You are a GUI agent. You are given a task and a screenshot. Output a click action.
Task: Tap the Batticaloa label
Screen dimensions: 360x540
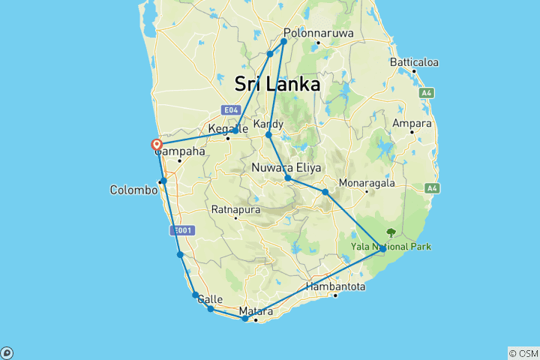tap(413, 62)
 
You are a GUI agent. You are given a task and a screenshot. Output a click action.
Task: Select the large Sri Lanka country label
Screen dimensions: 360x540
tap(277, 84)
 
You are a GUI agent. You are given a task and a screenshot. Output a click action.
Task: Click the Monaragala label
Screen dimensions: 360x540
tap(366, 182)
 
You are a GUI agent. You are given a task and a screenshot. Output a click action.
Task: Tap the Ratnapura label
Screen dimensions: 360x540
tap(235, 209)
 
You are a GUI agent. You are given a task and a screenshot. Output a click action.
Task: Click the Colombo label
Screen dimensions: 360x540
tap(133, 190)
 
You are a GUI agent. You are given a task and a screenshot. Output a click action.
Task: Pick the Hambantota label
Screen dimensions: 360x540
tap(335, 286)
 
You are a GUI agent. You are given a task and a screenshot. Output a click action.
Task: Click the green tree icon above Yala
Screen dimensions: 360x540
tap(390, 232)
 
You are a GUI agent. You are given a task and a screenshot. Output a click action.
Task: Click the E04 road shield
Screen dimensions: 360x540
tap(231, 109)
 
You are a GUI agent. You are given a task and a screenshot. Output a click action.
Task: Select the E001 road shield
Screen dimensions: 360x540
tap(180, 231)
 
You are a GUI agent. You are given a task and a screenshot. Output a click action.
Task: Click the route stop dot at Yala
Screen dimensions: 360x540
tap(382, 248)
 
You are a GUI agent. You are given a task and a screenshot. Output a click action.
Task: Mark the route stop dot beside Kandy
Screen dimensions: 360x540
tap(268, 135)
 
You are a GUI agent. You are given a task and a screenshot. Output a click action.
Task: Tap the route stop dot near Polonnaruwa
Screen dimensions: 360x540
tap(284, 41)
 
